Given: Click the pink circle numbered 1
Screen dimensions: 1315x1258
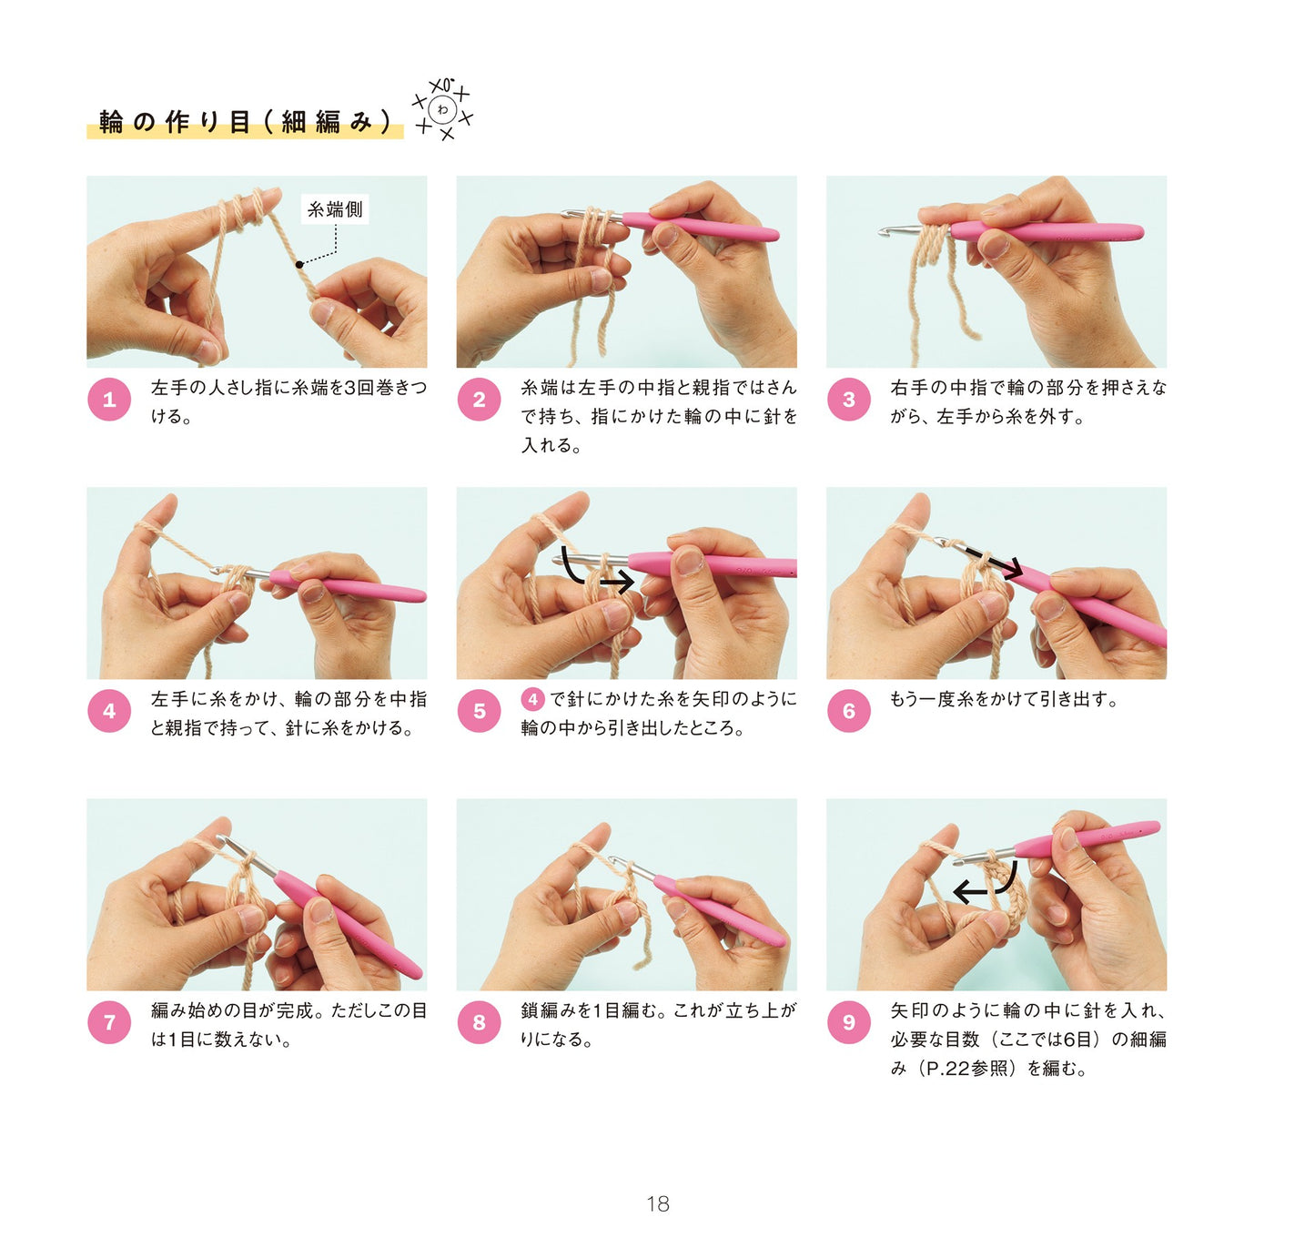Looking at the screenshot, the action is coord(109,399).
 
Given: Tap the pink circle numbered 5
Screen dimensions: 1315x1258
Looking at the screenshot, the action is coord(479,710).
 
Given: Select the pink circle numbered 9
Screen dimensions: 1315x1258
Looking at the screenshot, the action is coord(848,1020).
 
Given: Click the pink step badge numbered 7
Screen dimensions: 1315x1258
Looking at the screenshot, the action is coord(109,1020).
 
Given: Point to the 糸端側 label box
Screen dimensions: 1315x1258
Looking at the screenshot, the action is coord(335,208).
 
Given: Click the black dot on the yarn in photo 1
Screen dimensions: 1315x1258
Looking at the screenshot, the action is coord(298,264).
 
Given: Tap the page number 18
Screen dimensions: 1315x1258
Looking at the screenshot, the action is coord(657,1203).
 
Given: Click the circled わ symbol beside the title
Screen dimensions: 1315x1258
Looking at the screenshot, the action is coord(442,109).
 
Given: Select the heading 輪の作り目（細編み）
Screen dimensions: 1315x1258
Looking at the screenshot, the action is coord(246,122).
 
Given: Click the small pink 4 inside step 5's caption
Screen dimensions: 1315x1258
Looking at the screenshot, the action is coord(532,698).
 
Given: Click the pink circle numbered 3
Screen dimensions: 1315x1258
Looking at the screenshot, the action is coord(848,399).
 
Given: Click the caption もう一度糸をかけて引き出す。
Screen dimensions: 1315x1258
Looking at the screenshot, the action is coord(1004,699).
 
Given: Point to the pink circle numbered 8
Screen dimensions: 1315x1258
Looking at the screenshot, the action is coord(479,1020).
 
